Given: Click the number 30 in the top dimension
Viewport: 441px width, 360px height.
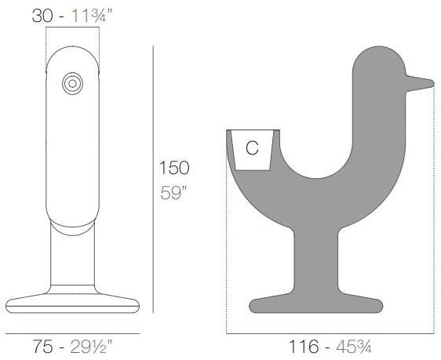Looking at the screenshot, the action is tap(42, 16).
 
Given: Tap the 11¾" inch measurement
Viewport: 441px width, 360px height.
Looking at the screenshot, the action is tap(92, 16).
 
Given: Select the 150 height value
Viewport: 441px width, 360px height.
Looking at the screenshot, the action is tap(174, 168).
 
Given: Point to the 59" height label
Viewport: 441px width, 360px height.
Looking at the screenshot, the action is tap(173, 193).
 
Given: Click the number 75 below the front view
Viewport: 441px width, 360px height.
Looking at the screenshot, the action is tap(43, 346).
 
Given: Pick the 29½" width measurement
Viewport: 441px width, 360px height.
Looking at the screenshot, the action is tap(91, 346).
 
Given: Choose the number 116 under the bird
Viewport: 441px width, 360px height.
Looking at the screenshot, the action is tap(304, 347).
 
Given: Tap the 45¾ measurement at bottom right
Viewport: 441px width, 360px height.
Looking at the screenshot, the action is tap(354, 347).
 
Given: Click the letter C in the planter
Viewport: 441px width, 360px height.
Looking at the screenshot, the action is tap(252, 147).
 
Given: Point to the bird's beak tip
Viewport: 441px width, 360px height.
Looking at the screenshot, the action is tap(432, 83).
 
